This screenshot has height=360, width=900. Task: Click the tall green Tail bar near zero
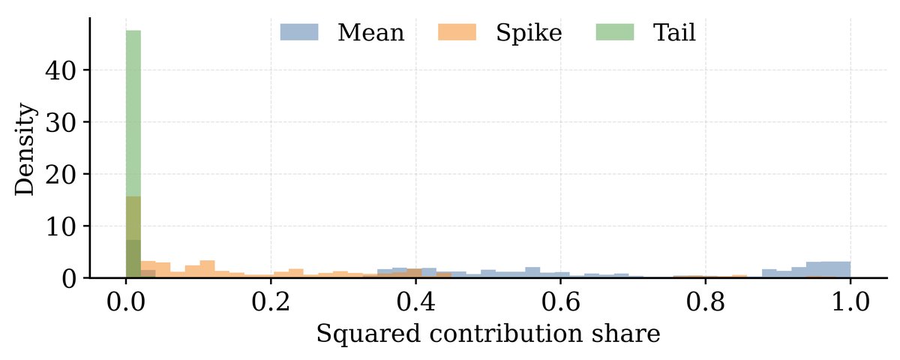133,112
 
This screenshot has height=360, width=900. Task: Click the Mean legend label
370,33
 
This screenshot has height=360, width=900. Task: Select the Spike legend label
529,33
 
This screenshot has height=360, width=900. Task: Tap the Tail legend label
674,33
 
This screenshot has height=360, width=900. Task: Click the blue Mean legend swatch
299,32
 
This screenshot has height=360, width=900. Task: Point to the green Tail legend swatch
614,32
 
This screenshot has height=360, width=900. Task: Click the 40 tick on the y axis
63,70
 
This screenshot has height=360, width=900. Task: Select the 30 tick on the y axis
63,122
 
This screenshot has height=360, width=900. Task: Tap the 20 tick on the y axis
63,174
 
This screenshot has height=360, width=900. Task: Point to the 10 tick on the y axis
63,226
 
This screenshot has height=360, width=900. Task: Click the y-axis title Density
25,150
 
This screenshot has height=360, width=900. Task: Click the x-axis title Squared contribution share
487,334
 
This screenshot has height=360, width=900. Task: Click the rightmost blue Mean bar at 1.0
842,269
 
